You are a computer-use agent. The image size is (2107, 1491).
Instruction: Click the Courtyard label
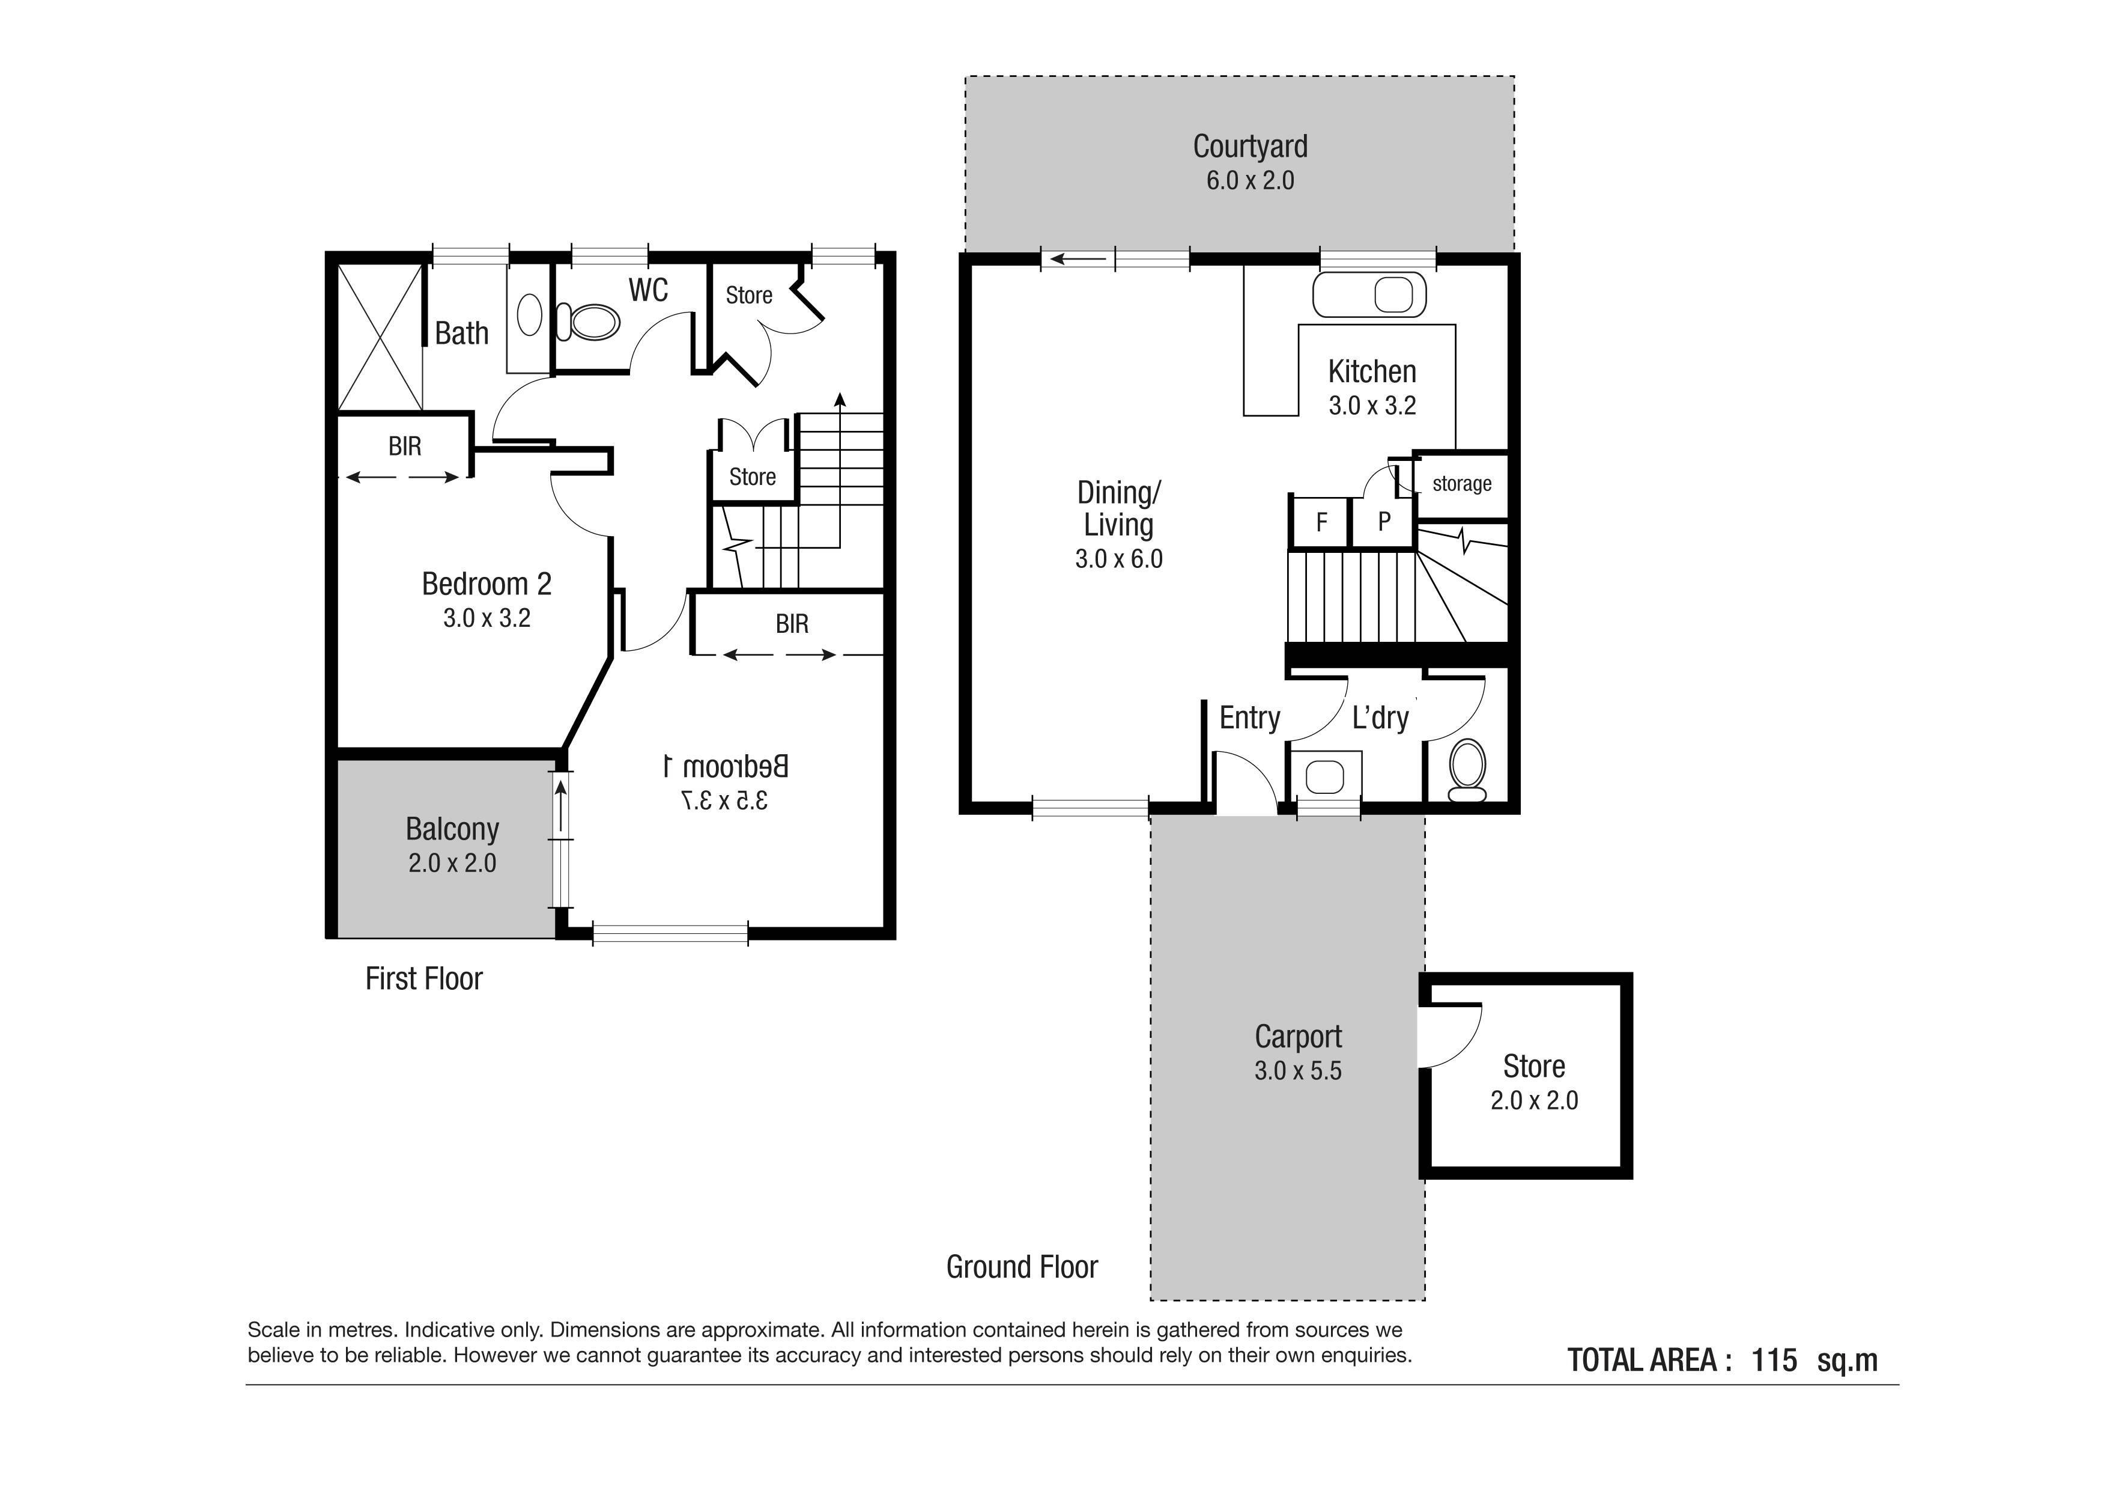coord(1250,146)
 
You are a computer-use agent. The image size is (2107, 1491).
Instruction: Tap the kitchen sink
coord(1370,294)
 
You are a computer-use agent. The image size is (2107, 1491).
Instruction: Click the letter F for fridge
coord(1321,522)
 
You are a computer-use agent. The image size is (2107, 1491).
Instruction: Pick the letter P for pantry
coord(1384,522)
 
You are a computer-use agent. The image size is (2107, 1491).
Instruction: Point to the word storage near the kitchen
coord(1462,484)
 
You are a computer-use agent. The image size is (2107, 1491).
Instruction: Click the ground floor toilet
coord(1467,769)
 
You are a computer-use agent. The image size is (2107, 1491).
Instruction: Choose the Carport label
coord(1297,1037)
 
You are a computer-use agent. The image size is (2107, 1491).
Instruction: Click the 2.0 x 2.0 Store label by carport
coord(1533,1082)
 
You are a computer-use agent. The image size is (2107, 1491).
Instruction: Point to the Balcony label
coord(452,829)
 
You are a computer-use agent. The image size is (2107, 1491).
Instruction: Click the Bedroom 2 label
coord(487,584)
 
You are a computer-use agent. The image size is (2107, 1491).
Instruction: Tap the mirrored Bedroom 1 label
coord(725,766)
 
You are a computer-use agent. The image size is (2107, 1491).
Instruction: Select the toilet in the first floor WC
coord(587,322)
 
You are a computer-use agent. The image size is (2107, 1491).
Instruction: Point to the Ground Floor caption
coord(1022,1267)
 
